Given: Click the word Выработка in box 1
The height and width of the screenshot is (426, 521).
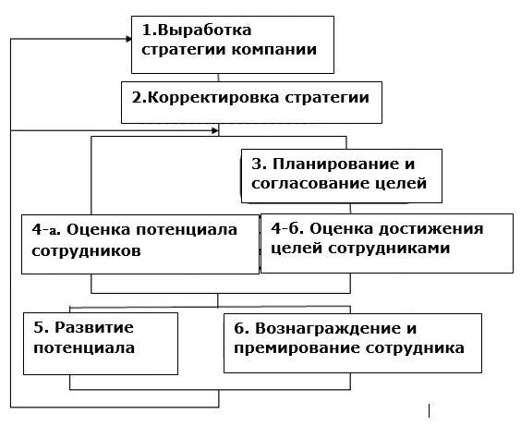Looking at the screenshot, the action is point(205,30).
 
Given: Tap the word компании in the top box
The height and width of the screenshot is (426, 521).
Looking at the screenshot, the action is point(274,50).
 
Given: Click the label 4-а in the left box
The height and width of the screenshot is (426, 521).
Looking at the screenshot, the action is point(46,229).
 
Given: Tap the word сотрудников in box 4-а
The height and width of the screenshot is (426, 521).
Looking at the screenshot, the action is point(86,250).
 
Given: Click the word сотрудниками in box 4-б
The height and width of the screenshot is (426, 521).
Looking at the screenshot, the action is point(389,249).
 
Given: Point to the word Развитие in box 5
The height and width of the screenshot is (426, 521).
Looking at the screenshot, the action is point(94,328).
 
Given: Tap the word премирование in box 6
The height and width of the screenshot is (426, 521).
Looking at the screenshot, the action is point(297,348).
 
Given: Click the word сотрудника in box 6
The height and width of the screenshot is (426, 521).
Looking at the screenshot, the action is point(415,348).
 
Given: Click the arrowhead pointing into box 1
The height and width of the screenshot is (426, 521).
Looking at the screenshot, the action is point(129,39).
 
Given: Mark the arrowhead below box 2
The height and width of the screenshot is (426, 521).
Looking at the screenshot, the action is point(215,130).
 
